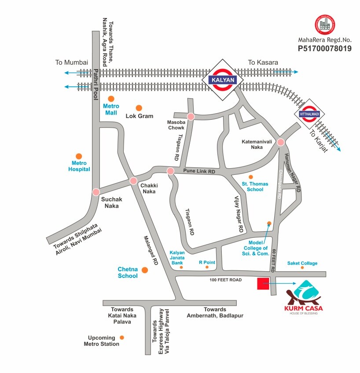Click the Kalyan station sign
(223, 80)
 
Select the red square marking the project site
(263, 284)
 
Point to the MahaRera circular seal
(324, 25)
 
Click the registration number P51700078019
(324, 48)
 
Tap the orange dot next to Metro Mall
(111, 99)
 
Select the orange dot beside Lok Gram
(139, 108)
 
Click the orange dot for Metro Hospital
(79, 156)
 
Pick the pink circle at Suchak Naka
(96, 192)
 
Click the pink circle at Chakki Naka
(133, 181)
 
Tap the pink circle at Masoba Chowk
(191, 117)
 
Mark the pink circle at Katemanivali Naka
(281, 142)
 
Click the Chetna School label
(128, 272)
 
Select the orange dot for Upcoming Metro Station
(122, 337)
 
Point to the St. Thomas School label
(252, 186)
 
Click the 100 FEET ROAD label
(225, 280)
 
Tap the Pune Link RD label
(199, 171)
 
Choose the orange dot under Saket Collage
(302, 267)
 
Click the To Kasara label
(263, 63)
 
